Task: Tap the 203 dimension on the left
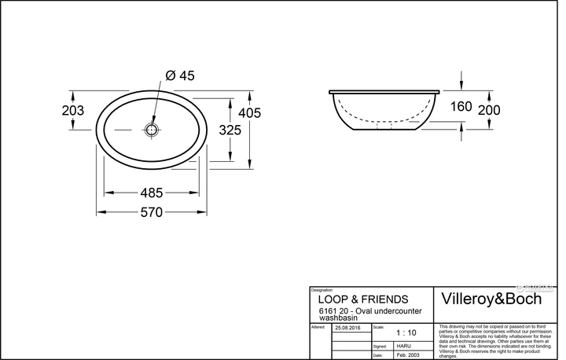73,111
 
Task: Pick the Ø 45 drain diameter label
180,75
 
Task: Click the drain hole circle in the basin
152,128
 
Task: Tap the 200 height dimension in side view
488,110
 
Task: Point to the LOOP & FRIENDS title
362,299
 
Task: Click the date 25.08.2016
347,327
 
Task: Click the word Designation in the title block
322,290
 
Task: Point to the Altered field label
318,325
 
